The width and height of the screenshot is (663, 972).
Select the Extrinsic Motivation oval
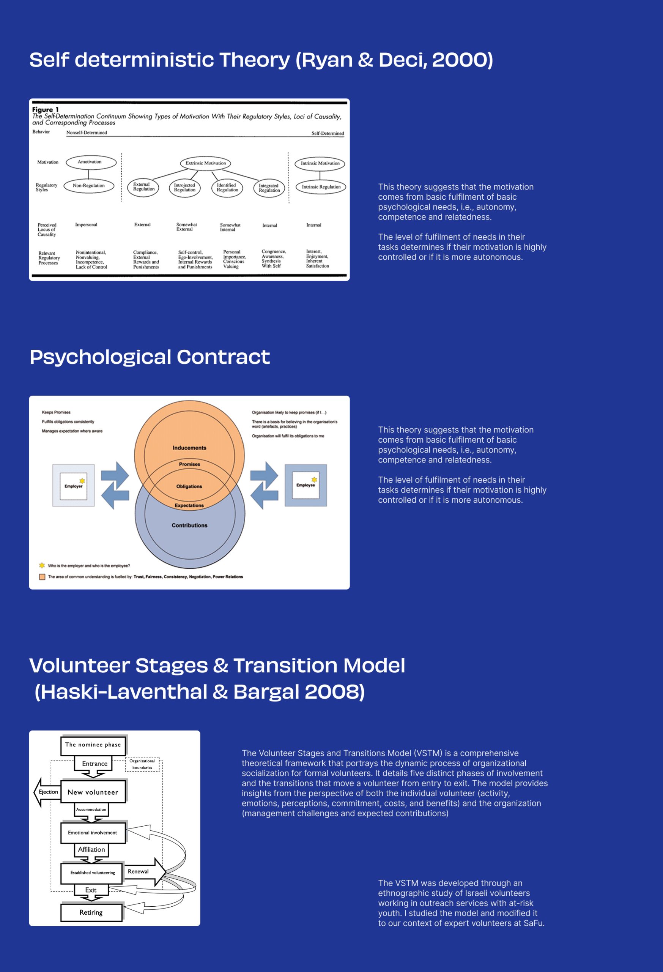pyautogui.click(x=205, y=163)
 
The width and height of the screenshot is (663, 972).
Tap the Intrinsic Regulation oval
pyautogui.click(x=321, y=187)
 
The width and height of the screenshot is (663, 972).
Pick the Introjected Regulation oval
pyautogui.click(x=184, y=188)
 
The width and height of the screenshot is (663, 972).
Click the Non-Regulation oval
pyautogui.click(x=89, y=186)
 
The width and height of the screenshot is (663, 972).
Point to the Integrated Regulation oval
pyautogui.click(x=269, y=188)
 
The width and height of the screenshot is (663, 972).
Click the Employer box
pyautogui.click(x=73, y=486)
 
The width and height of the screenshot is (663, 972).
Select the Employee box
pyautogui.click(x=306, y=485)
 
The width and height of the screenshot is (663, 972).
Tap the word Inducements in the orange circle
pyautogui.click(x=189, y=448)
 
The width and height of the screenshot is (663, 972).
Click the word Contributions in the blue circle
pyautogui.click(x=189, y=525)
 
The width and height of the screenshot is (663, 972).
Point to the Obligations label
pyautogui.click(x=189, y=486)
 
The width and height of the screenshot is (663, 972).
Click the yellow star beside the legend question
pyautogui.click(x=42, y=565)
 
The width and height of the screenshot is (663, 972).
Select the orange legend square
pyautogui.click(x=42, y=577)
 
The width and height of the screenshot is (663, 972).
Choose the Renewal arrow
pyautogui.click(x=142, y=872)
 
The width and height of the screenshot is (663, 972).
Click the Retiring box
pyautogui.click(x=91, y=913)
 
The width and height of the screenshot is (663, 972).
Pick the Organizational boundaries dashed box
pyautogui.click(x=142, y=764)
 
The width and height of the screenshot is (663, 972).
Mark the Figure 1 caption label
pyautogui.click(x=46, y=110)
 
